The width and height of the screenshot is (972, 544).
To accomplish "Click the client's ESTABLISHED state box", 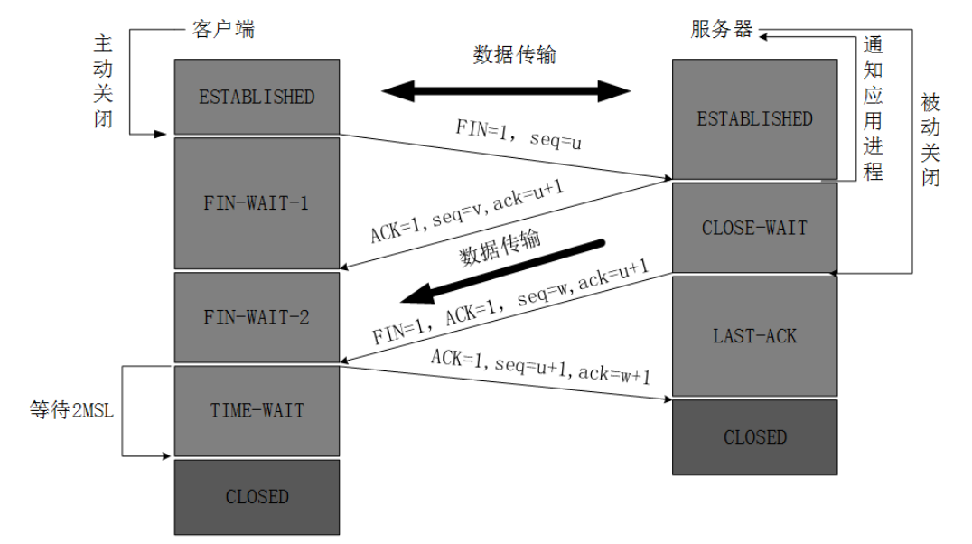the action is click(x=257, y=97).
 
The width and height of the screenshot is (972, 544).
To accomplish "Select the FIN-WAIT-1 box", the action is click(x=257, y=203).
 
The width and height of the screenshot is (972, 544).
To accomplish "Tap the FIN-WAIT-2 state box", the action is click(x=257, y=317).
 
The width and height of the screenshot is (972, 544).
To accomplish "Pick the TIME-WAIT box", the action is click(x=257, y=410).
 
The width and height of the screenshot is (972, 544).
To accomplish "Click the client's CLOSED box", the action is click(x=257, y=497).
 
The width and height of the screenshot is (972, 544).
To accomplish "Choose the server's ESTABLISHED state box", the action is click(x=755, y=119).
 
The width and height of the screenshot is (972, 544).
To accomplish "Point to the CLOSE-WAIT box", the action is click(x=755, y=228).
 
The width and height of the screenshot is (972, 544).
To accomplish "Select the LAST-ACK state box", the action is click(x=755, y=336).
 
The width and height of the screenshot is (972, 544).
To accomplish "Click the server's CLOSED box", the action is click(x=755, y=437).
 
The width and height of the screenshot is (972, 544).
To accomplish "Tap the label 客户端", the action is click(x=223, y=29).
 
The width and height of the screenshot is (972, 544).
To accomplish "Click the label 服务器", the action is click(x=722, y=29).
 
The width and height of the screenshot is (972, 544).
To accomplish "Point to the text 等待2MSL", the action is click(x=72, y=410).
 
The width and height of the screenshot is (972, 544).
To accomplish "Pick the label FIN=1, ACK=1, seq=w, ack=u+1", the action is click(x=510, y=302).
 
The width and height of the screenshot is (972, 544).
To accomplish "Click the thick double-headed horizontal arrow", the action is click(x=506, y=91).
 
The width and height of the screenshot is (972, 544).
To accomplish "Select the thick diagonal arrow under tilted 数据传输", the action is click(x=503, y=272).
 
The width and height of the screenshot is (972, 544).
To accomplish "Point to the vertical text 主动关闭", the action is click(x=103, y=80).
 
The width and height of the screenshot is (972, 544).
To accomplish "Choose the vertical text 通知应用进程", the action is click(x=873, y=108).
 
